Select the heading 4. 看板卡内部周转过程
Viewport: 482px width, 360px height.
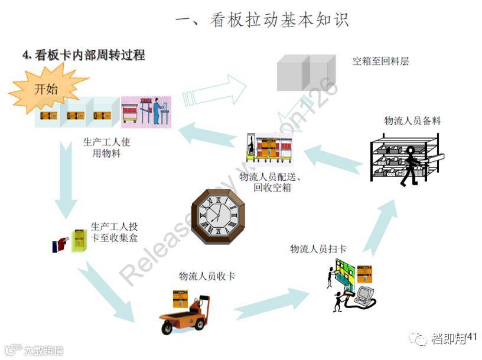pyautogui.click(x=83, y=55)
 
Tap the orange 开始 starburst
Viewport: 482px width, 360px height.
pyautogui.click(x=47, y=89)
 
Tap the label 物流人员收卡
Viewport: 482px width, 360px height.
pyautogui.click(x=207, y=276)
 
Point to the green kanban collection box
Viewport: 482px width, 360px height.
pyautogui.click(x=79, y=240)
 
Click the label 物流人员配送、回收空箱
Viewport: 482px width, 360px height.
pyautogui.click(x=270, y=182)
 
